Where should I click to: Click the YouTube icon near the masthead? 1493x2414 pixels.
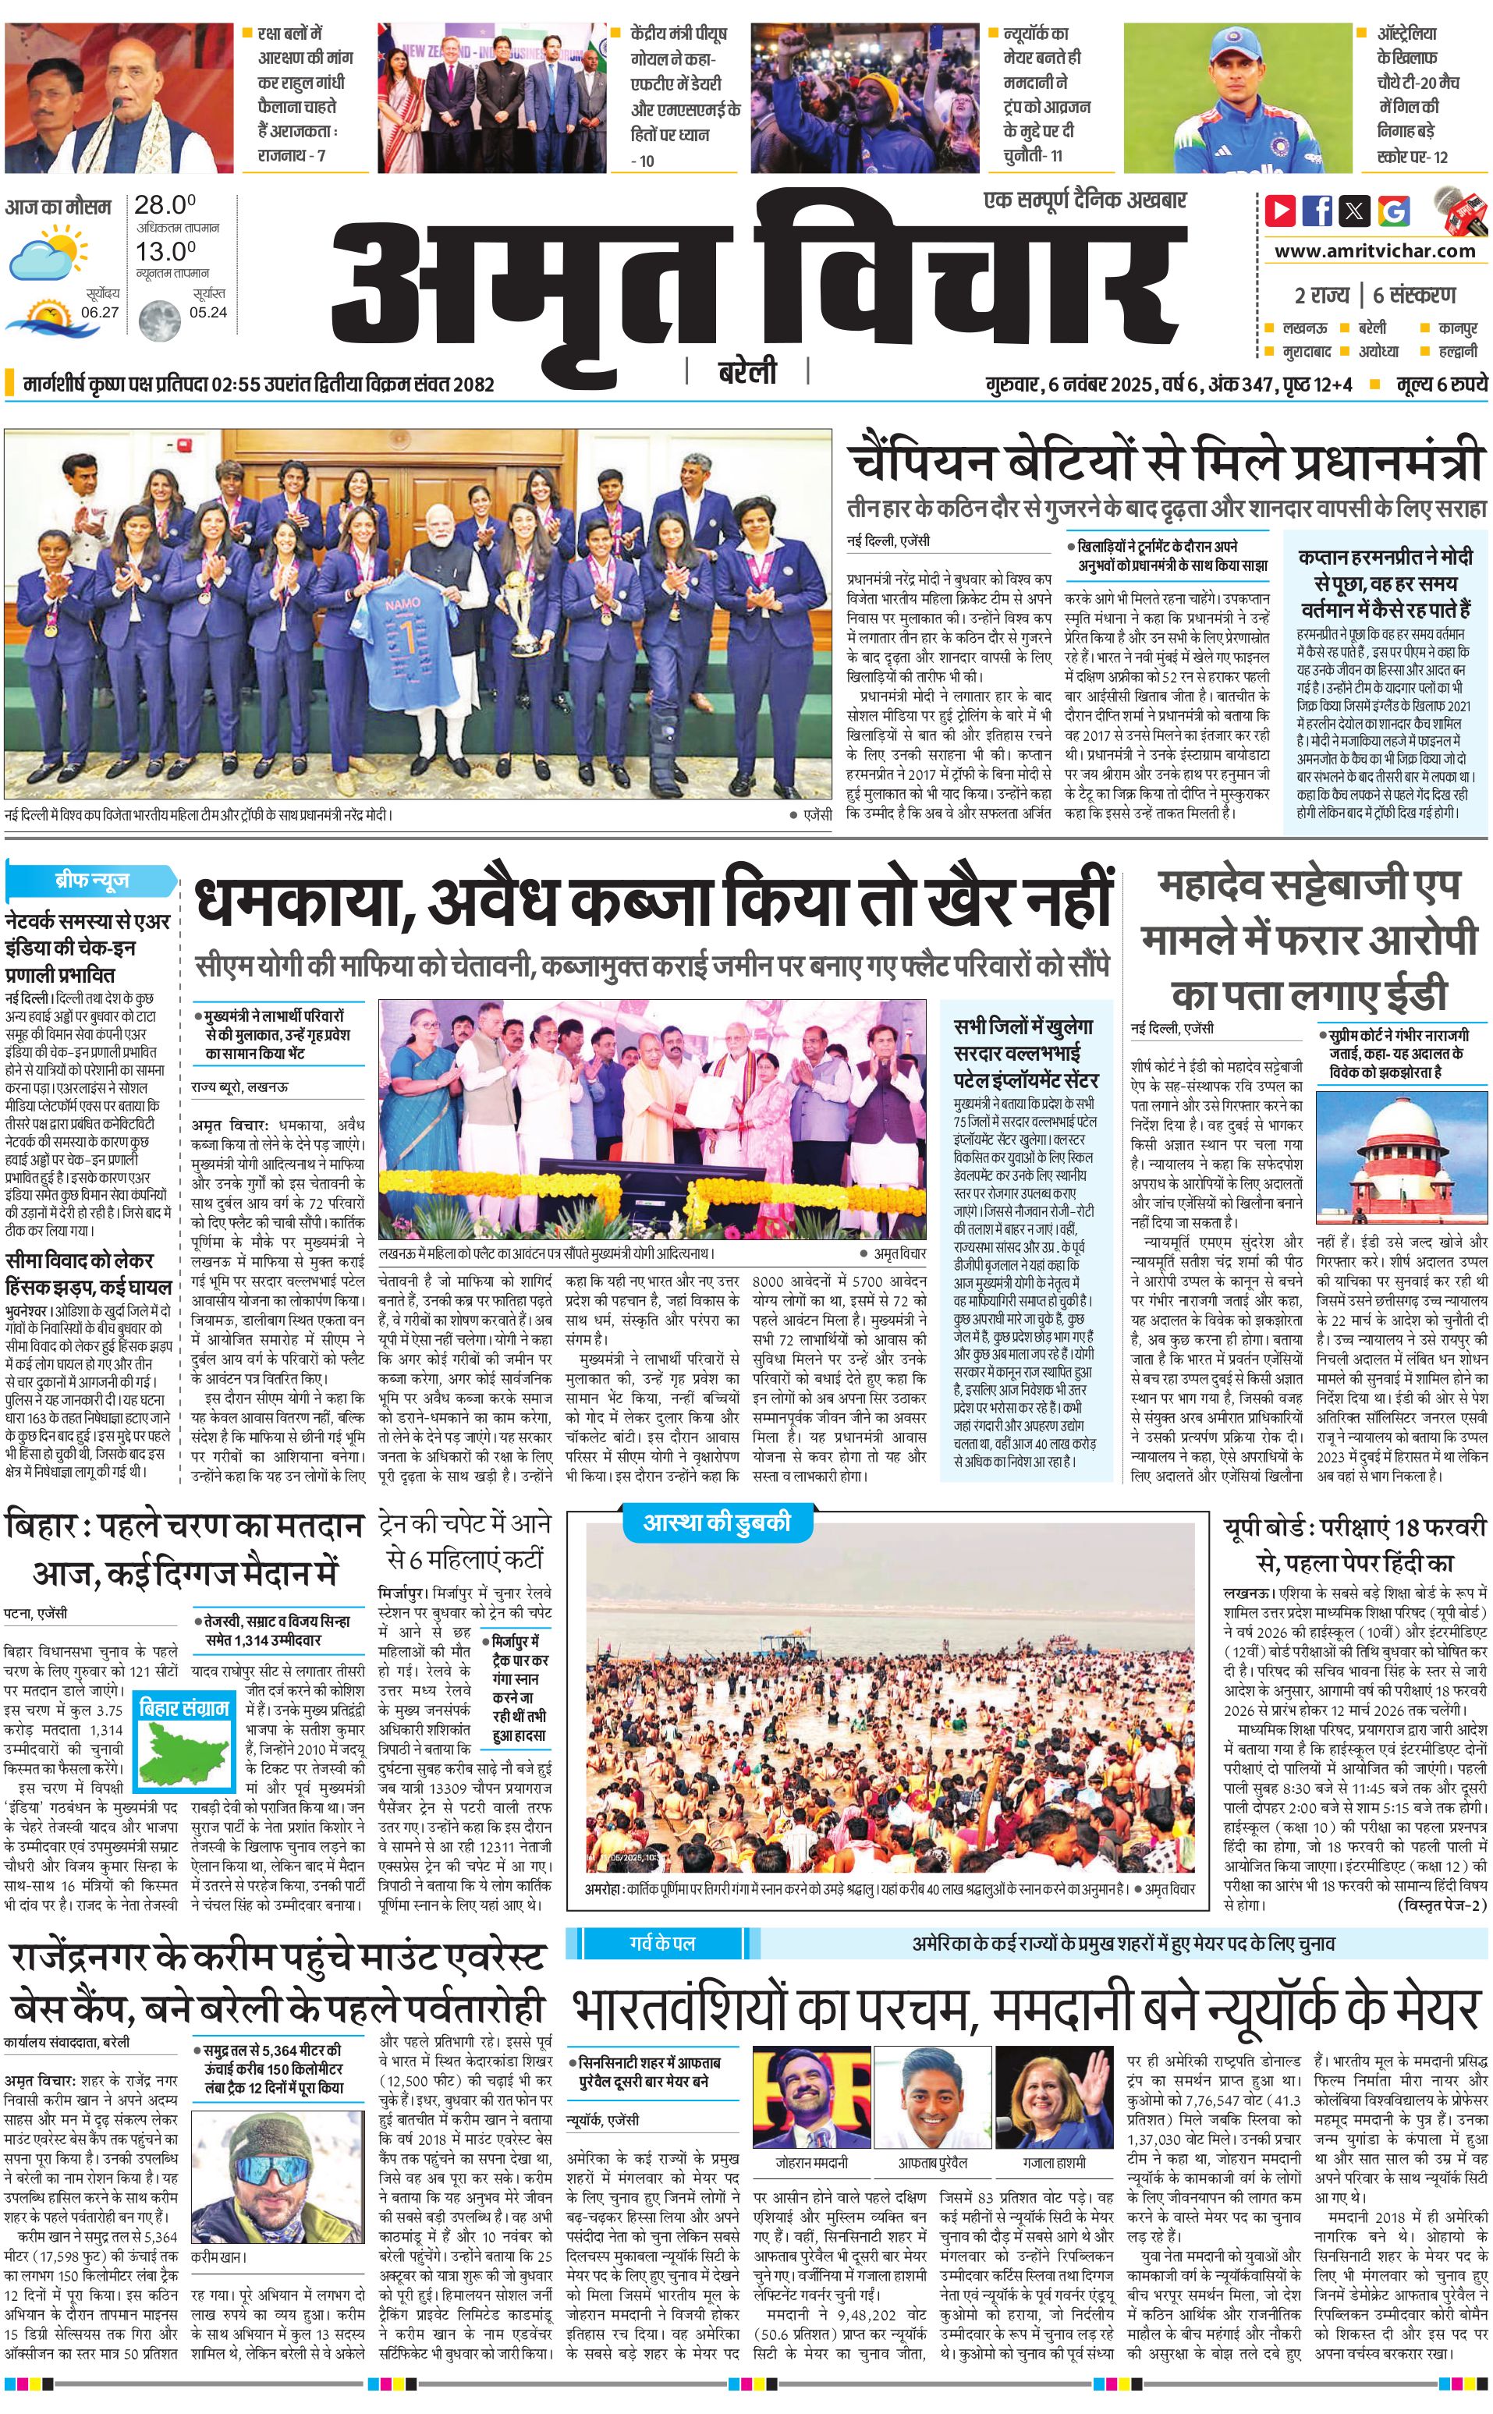coord(1281,211)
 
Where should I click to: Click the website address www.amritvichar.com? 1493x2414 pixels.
coord(1374,251)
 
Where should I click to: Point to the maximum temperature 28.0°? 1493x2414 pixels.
coord(165,205)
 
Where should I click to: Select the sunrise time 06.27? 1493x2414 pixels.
coord(100,312)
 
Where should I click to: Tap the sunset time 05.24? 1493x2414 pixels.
coord(208,312)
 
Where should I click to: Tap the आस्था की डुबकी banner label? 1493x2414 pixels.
coord(717,1522)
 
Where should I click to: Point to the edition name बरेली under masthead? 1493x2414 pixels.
coord(746,371)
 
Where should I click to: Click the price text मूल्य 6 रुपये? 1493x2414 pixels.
coord(1441,384)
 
